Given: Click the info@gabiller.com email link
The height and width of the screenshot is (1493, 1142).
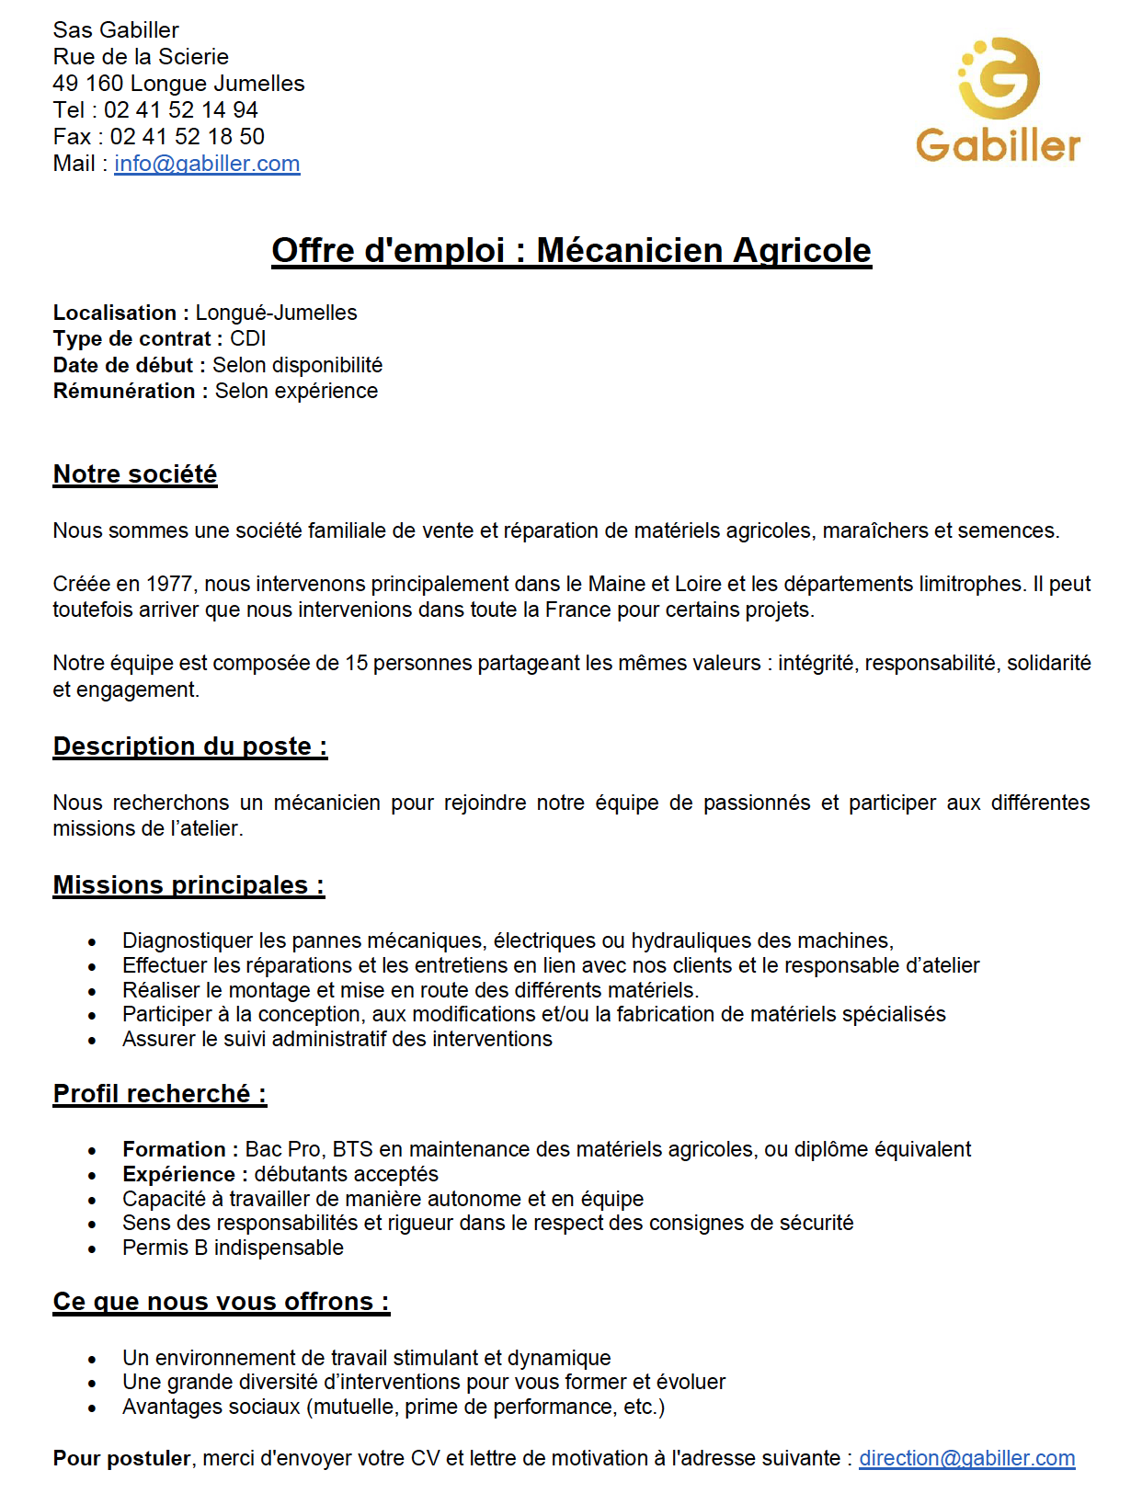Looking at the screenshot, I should coord(207,164).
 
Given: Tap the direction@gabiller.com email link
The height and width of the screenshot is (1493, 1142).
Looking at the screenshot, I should coord(966,1458).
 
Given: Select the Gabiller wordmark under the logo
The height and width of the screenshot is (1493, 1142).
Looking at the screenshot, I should coord(998,146).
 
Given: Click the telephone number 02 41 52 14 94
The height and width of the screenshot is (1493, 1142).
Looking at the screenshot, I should coord(180,110).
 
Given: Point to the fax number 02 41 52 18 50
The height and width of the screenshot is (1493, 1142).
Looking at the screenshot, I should coord(187,137).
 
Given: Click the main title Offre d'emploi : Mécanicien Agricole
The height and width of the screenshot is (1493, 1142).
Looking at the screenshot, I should coord(571,250).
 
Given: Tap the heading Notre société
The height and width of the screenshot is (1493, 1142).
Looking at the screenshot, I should coord(135,474).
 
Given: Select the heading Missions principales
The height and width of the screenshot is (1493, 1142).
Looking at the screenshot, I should coord(188,885).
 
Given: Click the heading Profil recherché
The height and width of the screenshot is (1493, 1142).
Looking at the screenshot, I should coord(159,1094).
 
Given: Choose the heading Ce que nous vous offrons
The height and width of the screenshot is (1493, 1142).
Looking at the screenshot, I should coord(221,1302).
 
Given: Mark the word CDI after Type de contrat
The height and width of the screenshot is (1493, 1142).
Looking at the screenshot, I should coord(247,339).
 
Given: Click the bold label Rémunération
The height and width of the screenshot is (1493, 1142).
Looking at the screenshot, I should coord(124,392).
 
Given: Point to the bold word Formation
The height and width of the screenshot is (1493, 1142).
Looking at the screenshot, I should coord(174,1150).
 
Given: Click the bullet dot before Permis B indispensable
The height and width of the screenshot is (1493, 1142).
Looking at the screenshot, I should coord(92,1249).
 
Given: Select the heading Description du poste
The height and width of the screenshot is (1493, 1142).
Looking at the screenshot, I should coord(189,746).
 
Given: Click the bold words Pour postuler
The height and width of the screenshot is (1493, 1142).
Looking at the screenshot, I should coord(121,1459).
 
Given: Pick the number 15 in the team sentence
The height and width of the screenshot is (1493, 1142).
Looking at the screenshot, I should coord(356,664).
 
